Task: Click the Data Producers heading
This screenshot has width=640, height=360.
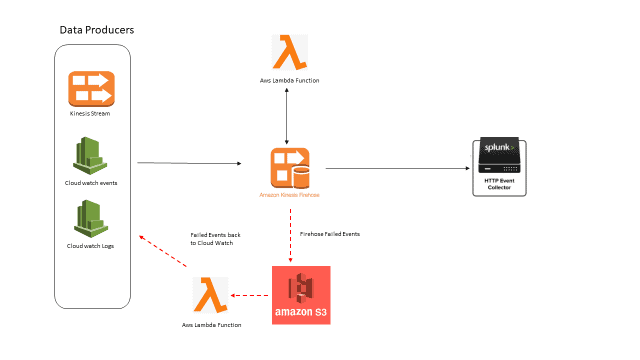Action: pyautogui.click(x=97, y=30)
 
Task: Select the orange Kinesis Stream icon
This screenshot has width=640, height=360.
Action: pyautogui.click(x=92, y=89)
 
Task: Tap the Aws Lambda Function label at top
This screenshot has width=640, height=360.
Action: pyautogui.click(x=289, y=79)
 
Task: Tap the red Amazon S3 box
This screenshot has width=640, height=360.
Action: pyautogui.click(x=301, y=295)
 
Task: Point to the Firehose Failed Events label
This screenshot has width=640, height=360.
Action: pyautogui.click(x=330, y=233)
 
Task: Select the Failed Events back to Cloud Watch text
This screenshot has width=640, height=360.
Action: pyautogui.click(x=216, y=238)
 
